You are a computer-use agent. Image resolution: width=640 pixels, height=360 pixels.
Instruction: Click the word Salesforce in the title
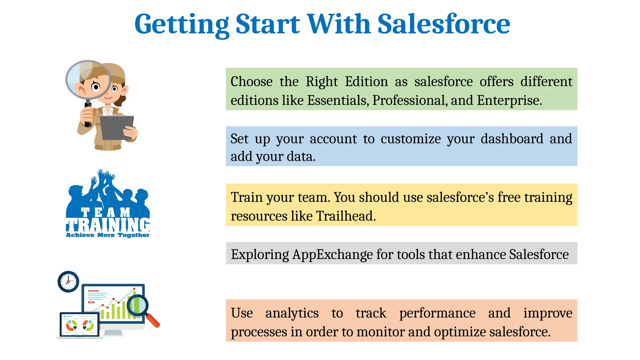tap(444, 24)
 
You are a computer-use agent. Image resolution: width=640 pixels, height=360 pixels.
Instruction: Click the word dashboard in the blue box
tap(512, 139)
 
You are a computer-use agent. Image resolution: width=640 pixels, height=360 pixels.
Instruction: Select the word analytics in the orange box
tap(292, 313)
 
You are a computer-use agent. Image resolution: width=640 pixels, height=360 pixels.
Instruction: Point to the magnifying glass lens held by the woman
tap(88, 80)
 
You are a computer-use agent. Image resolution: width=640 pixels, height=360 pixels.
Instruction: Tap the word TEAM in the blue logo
tap(106, 212)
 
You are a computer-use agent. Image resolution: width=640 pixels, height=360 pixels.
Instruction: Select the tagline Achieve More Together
tap(107, 235)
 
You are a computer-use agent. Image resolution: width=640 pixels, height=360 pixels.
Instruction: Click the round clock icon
tap(68, 282)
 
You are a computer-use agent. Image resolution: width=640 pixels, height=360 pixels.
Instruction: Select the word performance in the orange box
tap(437, 313)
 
